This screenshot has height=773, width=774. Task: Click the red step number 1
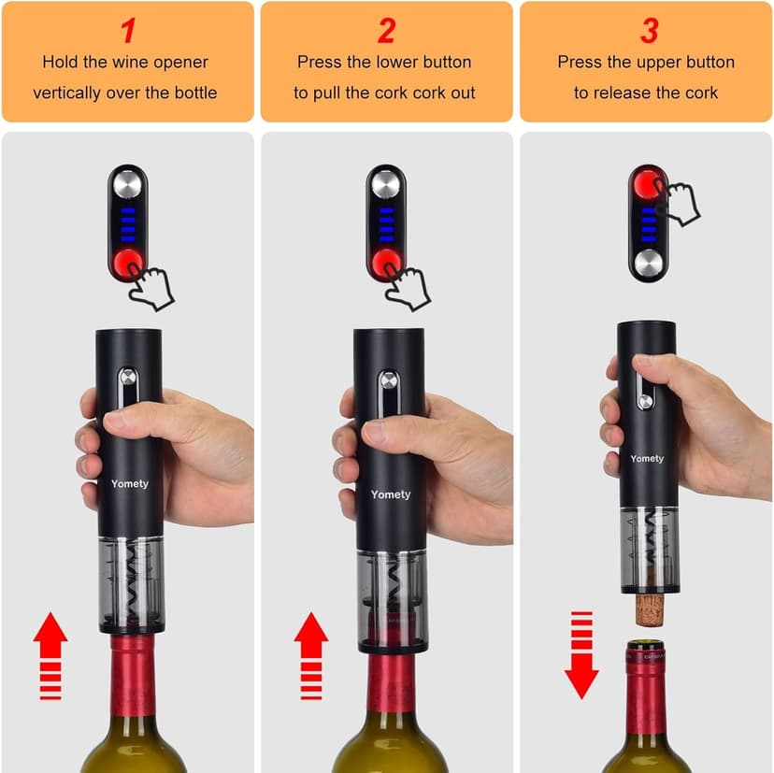127,31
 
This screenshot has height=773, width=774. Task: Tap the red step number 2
386,31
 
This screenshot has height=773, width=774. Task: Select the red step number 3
649,31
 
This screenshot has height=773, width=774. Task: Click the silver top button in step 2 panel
386,184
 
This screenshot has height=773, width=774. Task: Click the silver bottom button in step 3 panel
647,262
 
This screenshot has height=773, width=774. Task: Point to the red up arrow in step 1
50,655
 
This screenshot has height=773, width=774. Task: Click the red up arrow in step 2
311,655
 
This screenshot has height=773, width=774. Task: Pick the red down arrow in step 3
581,655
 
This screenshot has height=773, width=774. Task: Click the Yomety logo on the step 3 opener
646,458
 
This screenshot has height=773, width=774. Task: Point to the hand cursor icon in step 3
680,200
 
